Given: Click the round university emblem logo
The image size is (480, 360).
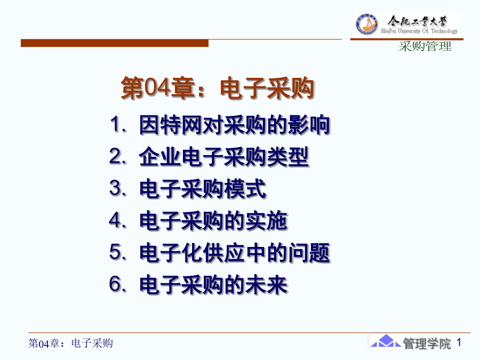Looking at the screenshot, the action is click(366, 24).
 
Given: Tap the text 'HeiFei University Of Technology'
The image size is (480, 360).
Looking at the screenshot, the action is click(419, 30).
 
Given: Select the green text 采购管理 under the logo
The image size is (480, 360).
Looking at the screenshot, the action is click(425, 46).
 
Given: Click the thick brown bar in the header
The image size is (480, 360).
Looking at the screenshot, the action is click(115, 43).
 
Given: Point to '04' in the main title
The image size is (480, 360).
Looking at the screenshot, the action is click(157, 87).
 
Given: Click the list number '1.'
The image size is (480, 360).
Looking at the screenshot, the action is click(118, 124).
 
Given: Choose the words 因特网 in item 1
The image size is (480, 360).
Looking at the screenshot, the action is click(170, 125).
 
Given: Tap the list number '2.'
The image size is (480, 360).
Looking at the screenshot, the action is click(118, 156).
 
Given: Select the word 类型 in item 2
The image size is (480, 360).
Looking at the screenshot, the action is click(287, 157).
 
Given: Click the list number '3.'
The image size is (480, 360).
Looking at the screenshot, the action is click(118, 188).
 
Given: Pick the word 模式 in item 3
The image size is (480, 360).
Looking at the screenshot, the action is click(245, 189).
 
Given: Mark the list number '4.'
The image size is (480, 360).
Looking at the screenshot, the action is click(118, 220).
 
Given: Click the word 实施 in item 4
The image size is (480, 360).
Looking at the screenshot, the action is click(266, 221).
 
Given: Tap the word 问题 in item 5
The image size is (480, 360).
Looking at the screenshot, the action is click(309, 253).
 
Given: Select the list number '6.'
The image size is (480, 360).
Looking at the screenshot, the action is click(118, 284).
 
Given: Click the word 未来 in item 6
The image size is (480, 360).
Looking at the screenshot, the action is click(266, 285).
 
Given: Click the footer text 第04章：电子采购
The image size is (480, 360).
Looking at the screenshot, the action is click(70, 343).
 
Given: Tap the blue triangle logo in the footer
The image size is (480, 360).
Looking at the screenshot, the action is click(386, 341).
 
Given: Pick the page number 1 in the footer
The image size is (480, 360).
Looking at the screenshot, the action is click(459, 342).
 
